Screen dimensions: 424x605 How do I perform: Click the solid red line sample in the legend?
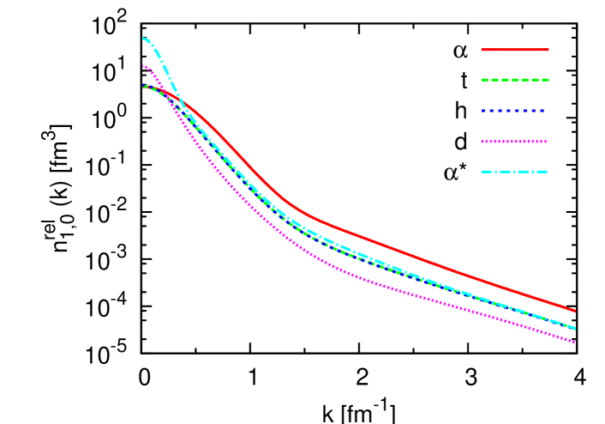514,50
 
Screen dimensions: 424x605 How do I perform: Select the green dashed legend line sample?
514,80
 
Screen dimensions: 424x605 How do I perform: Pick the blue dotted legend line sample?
514,111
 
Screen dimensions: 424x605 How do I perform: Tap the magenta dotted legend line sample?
514,142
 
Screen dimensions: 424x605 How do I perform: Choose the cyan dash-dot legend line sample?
514,172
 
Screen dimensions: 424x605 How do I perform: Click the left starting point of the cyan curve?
143,38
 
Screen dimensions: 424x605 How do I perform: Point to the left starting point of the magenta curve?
143,65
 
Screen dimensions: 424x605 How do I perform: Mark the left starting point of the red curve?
143,86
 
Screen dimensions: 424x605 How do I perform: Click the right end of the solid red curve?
575,311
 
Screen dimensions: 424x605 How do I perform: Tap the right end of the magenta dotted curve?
575,342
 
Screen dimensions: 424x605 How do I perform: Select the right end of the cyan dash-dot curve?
575,329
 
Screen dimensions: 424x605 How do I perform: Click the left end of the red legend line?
482,50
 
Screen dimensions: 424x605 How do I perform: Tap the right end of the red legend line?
548,50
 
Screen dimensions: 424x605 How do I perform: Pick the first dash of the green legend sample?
485,80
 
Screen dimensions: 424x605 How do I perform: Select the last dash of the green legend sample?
544,80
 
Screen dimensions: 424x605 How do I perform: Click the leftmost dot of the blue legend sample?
482,111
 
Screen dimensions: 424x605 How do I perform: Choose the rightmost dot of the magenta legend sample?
545,142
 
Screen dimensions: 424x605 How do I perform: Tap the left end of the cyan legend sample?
482,172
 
